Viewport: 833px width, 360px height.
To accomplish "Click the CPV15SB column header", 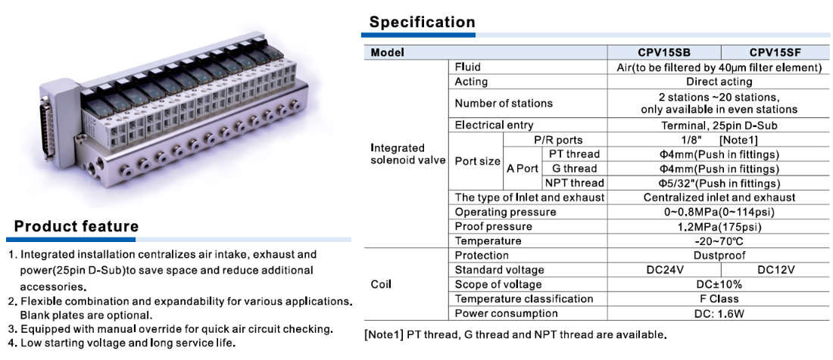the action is click(x=664, y=52).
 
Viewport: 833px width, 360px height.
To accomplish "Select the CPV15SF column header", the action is click(x=775, y=52).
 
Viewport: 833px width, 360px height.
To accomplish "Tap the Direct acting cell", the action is click(x=719, y=82).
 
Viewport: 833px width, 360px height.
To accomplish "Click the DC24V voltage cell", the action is click(x=664, y=269).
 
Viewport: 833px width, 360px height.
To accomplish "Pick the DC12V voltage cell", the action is click(x=775, y=269).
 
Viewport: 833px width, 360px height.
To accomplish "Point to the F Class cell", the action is click(x=719, y=299).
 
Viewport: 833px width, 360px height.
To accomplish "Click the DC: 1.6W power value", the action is click(x=719, y=313).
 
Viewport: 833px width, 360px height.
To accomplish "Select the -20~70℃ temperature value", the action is click(x=719, y=241).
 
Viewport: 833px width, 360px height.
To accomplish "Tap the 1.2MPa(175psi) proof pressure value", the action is click(x=719, y=227).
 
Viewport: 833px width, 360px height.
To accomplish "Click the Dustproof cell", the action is click(x=719, y=256).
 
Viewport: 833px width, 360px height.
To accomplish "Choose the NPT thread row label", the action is click(x=574, y=183).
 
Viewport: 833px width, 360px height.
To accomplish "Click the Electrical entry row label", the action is click(x=494, y=125).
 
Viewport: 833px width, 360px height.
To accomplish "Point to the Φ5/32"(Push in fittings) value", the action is click(x=719, y=184).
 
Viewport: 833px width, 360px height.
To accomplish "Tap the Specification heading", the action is click(x=422, y=22).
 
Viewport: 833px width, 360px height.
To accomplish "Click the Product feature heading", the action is click(x=76, y=226).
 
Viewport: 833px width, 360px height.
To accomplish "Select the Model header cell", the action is click(x=387, y=52).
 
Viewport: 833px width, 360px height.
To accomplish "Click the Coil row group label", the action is click(x=380, y=284).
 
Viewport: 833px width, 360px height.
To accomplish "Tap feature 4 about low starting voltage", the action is click(x=122, y=343).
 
